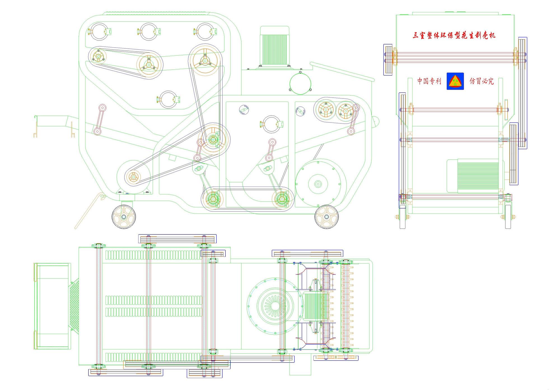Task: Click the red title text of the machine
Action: click(x=454, y=36)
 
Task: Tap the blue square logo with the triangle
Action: click(x=455, y=81)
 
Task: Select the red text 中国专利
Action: click(x=429, y=81)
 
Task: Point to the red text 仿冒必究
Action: click(x=482, y=81)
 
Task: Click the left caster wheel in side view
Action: click(x=124, y=217)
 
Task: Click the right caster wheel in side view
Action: click(x=326, y=217)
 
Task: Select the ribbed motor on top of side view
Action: click(x=274, y=46)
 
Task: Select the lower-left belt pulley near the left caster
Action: click(x=134, y=177)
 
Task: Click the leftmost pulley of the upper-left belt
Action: click(x=98, y=56)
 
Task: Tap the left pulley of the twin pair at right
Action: click(x=325, y=110)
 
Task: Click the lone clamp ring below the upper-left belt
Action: click(x=168, y=99)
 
